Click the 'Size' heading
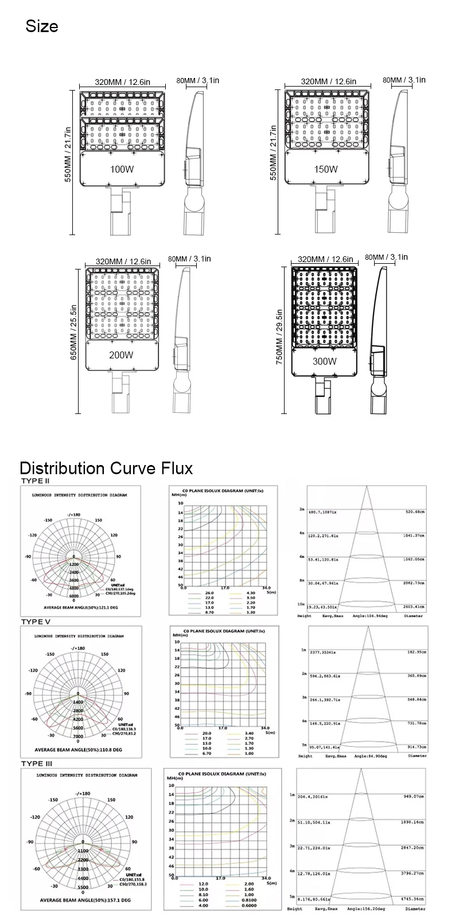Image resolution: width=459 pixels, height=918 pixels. (42, 26)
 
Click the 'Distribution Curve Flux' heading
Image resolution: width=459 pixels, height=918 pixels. (107, 468)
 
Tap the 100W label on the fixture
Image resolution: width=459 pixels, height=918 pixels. (122, 169)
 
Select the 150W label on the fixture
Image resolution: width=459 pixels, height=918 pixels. (326, 169)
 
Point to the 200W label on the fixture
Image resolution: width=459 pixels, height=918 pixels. (121, 355)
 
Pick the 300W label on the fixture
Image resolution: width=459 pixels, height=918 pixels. (325, 361)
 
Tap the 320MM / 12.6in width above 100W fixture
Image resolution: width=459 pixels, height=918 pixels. (122, 82)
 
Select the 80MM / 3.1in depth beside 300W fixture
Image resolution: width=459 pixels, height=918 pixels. (386, 257)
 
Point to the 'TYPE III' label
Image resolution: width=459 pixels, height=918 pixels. (36, 763)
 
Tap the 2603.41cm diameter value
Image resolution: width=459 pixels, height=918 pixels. (413, 606)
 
